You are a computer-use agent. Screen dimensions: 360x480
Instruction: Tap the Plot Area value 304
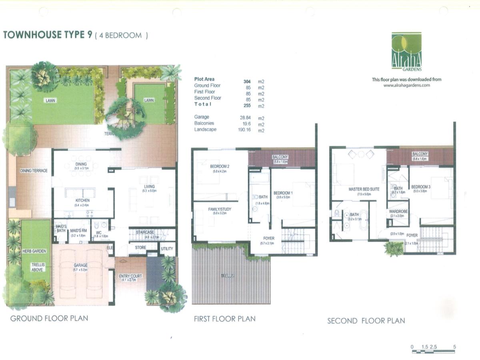(x=247, y=81)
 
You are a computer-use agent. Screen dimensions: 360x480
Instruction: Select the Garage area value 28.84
(x=244, y=118)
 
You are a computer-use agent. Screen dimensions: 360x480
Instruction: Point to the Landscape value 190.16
(x=244, y=130)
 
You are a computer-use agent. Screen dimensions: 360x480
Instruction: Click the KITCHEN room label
(x=82, y=200)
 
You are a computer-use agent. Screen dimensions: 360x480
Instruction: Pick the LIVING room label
(x=149, y=186)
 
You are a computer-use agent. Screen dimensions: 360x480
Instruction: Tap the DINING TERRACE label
(x=34, y=171)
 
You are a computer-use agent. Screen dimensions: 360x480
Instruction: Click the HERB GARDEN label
(x=34, y=251)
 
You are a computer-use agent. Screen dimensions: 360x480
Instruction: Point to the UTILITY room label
(x=167, y=249)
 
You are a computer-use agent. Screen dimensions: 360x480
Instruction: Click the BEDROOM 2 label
(x=220, y=166)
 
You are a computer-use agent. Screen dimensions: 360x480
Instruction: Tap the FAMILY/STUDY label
(x=220, y=209)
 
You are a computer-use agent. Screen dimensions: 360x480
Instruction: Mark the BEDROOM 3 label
(x=421, y=187)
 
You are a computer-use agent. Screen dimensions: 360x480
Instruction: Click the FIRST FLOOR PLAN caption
(x=224, y=319)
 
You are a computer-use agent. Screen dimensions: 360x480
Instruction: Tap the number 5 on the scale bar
(x=455, y=347)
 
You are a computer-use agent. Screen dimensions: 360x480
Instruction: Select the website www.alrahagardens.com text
(x=406, y=85)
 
